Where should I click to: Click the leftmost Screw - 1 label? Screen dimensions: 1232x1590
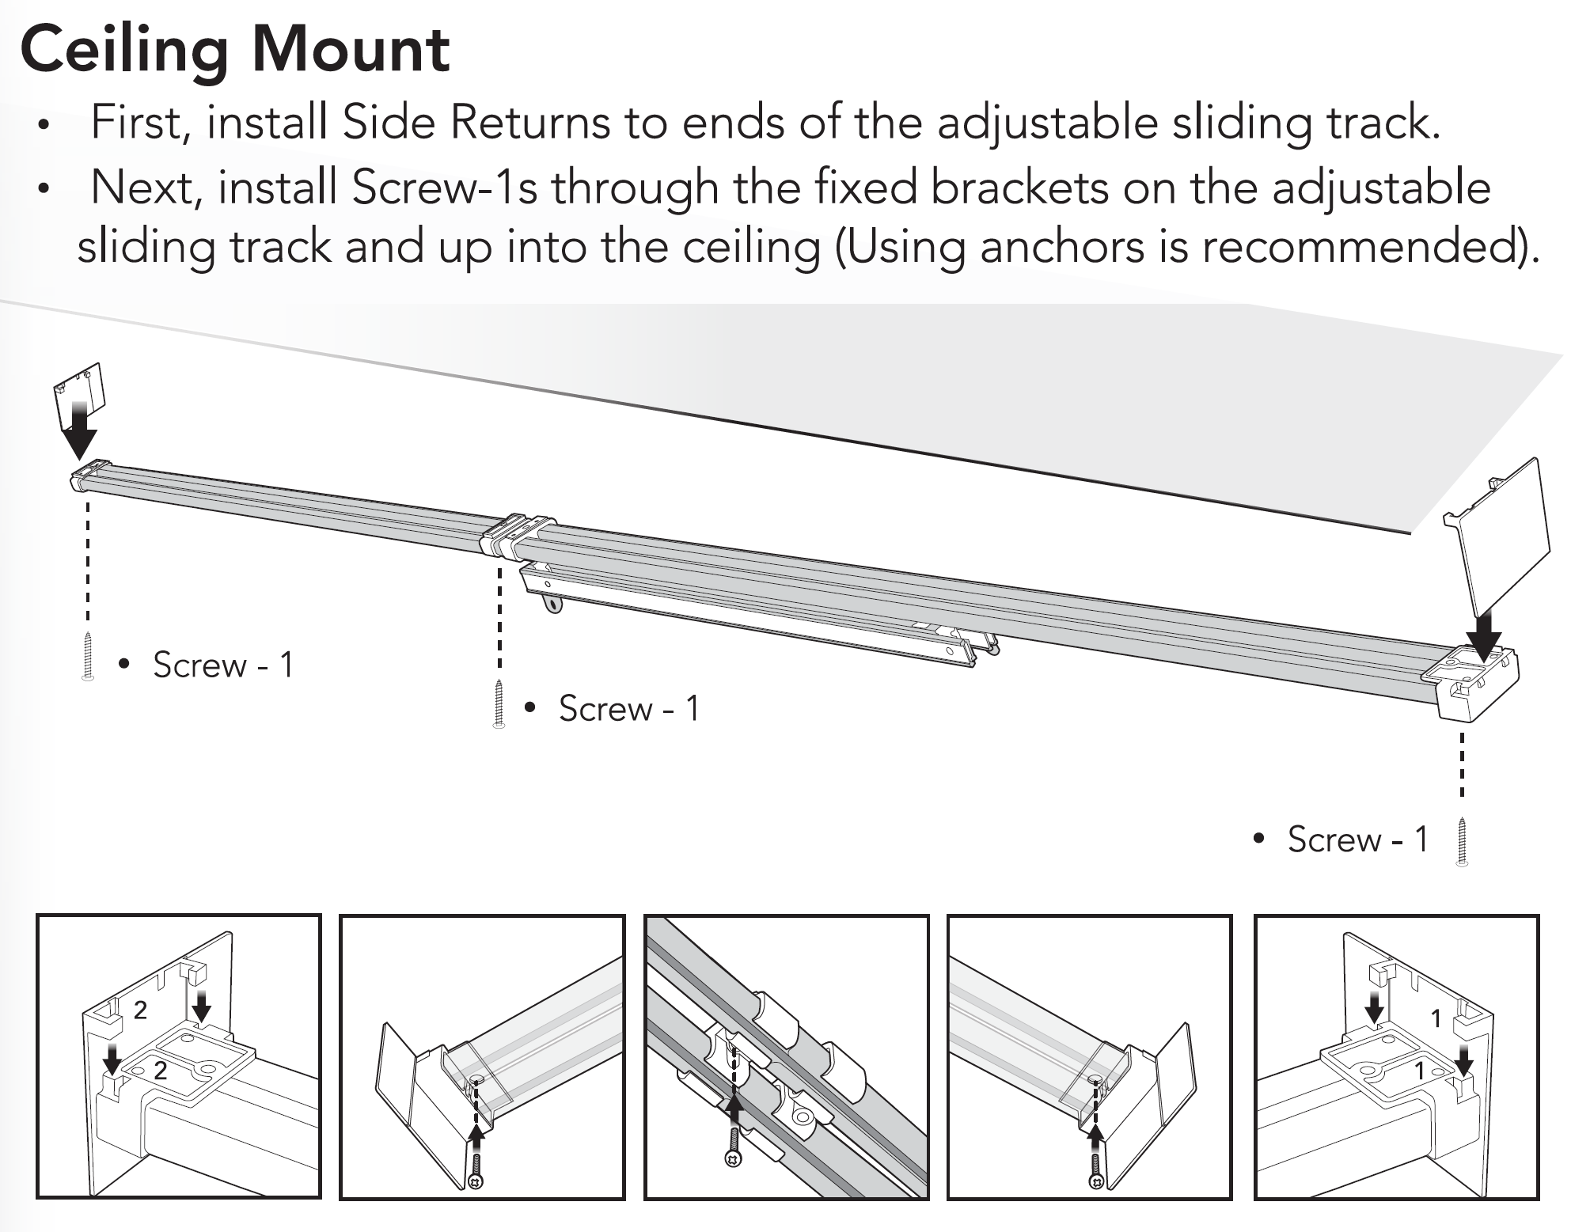click(223, 665)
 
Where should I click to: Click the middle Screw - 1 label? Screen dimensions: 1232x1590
click(629, 708)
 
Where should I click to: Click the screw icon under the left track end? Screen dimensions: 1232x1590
click(88, 658)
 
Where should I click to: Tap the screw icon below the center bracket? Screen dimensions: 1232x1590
click(499, 703)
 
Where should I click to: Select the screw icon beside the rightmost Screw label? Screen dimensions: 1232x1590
click(1462, 842)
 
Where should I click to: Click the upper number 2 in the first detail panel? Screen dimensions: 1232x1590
click(141, 1010)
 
